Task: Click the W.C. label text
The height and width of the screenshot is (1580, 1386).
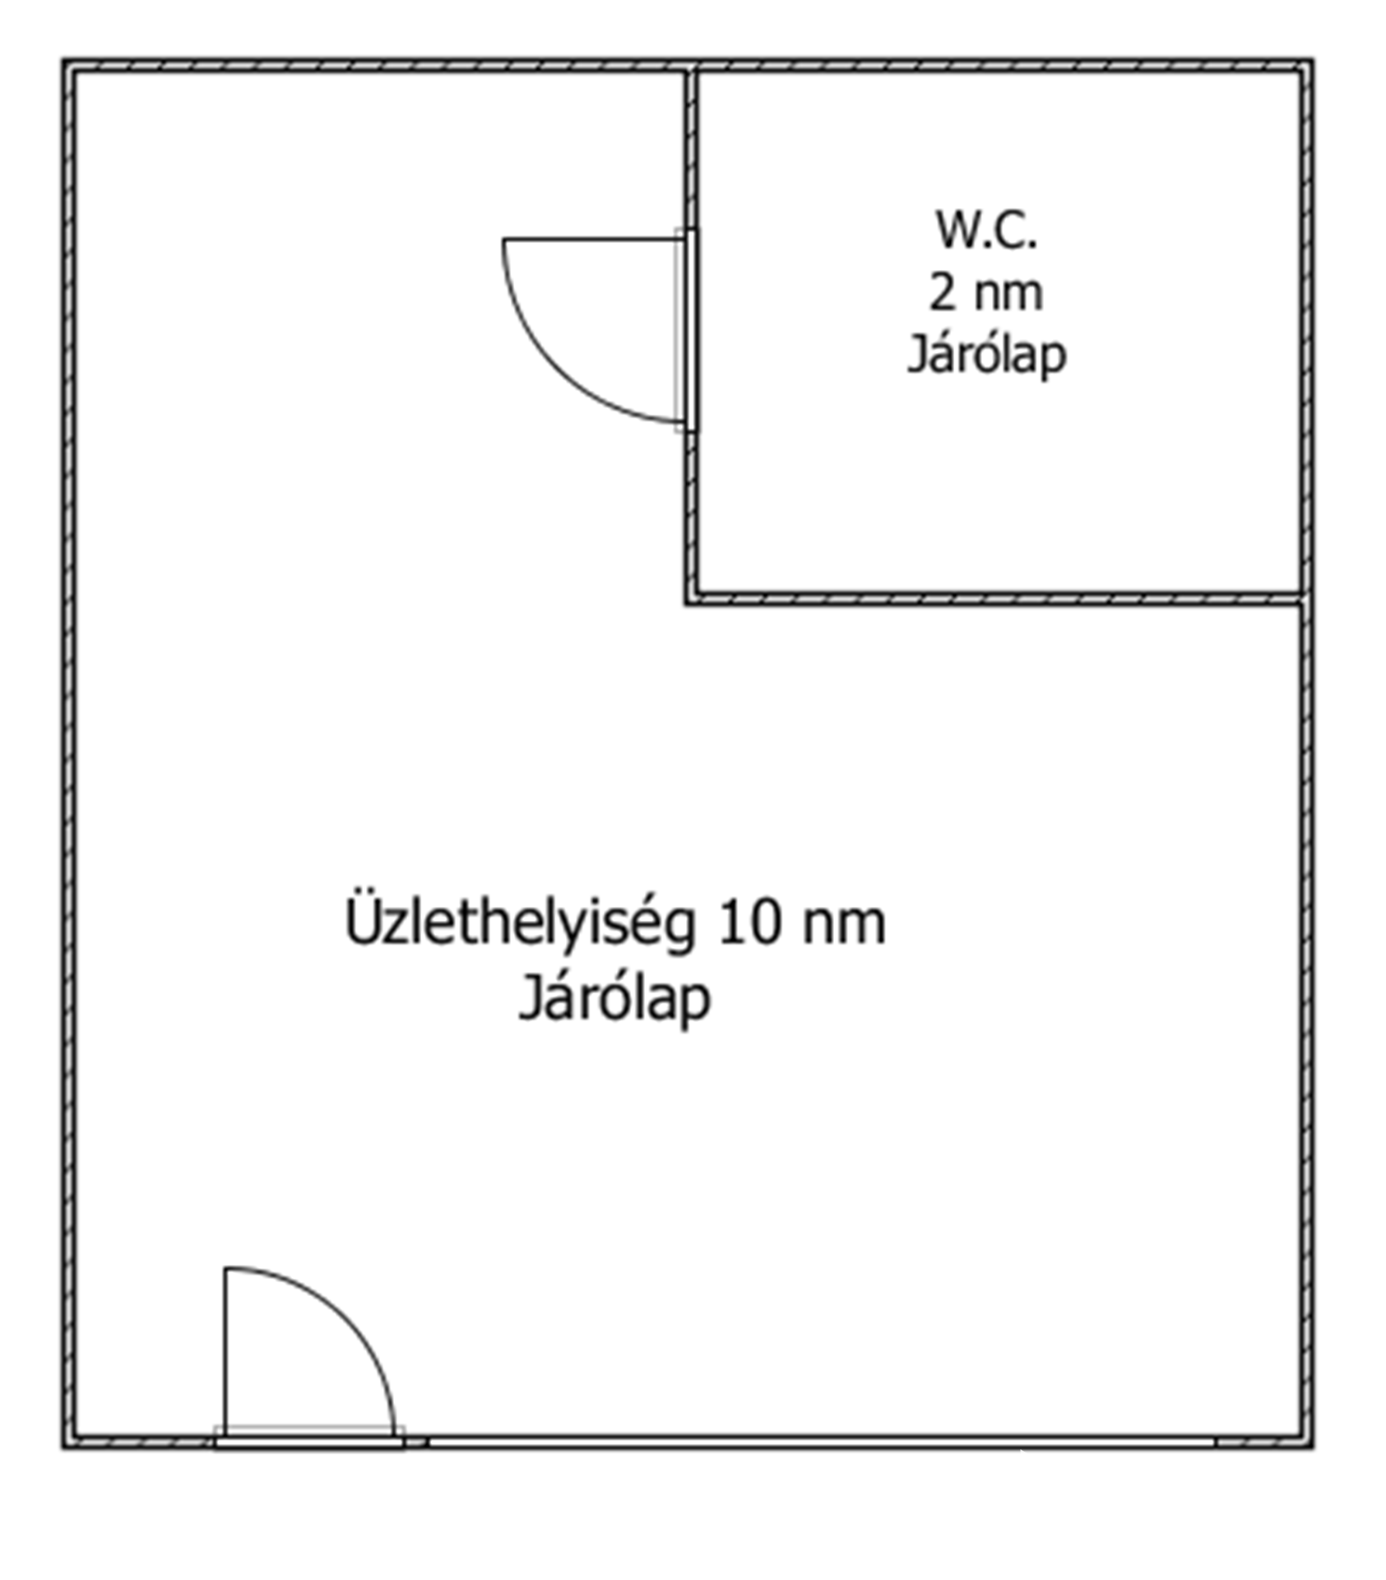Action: click(x=986, y=230)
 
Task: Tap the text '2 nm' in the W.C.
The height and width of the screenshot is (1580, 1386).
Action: click(x=986, y=292)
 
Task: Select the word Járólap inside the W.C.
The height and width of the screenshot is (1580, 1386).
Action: click(x=986, y=355)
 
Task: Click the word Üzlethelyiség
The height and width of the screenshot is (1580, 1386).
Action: click(x=520, y=924)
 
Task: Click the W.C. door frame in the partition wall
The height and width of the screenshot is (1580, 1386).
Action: click(x=691, y=330)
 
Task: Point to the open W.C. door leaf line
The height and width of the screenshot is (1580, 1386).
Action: click(x=593, y=239)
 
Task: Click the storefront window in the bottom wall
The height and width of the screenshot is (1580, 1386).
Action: click(x=822, y=1443)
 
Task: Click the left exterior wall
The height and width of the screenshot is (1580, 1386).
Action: click(x=69, y=754)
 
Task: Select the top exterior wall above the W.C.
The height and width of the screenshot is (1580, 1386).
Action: click(x=1000, y=66)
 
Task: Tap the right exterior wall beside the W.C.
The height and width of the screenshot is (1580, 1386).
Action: click(x=1307, y=332)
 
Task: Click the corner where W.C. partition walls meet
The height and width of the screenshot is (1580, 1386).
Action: click(x=691, y=598)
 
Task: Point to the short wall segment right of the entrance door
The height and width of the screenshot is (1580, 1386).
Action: click(x=416, y=1443)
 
